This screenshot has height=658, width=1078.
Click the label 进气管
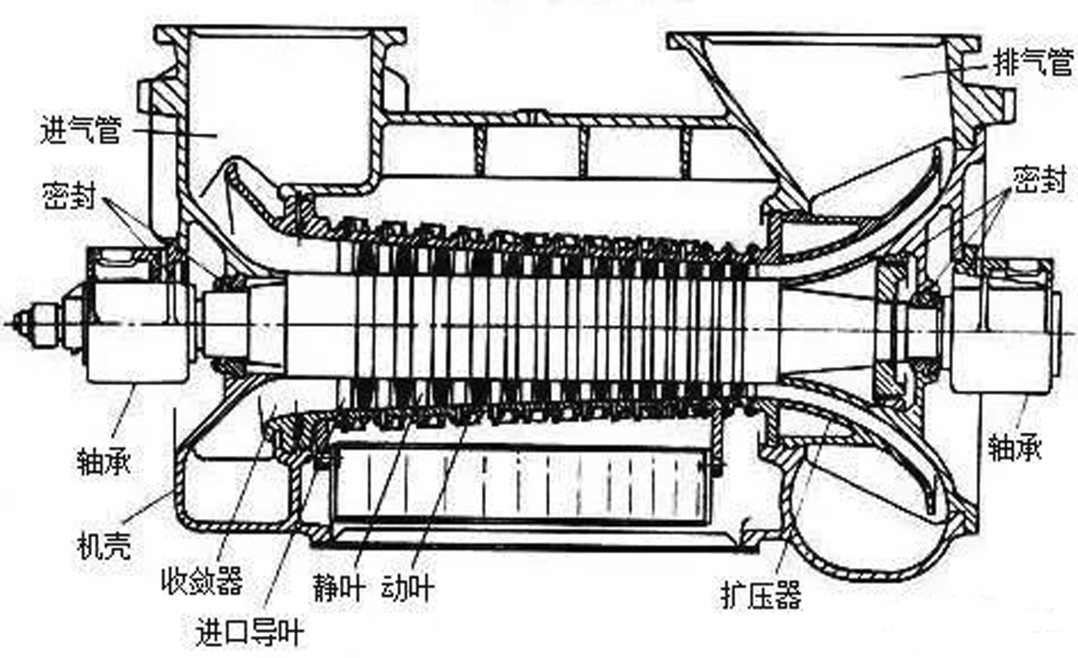pos(81,130)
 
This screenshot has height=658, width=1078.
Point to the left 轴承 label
pos(104,461)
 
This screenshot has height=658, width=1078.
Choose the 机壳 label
pos(104,546)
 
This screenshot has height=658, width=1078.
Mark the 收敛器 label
pos(202,582)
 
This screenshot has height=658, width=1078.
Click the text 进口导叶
pos(249,631)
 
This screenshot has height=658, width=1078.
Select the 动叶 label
pos(407,588)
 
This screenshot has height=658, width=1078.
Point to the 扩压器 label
pos(761,594)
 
